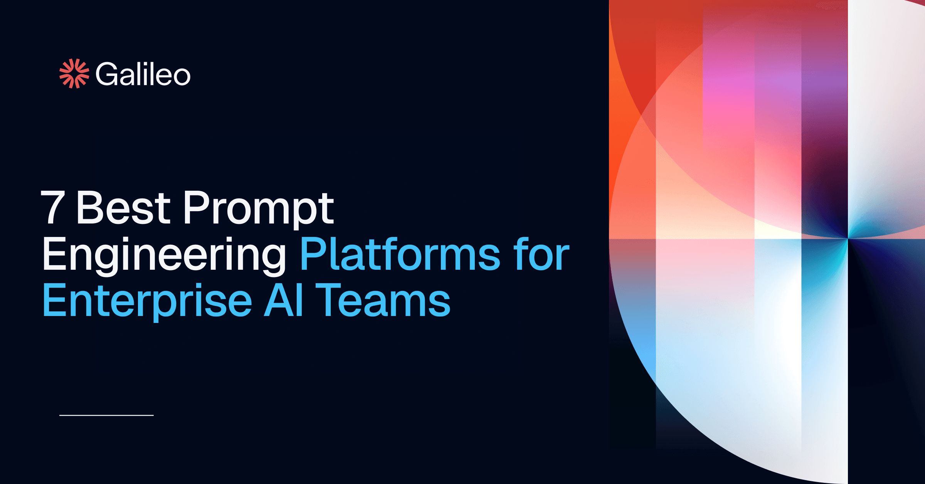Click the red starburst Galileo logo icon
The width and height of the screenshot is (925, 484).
pos(74,74)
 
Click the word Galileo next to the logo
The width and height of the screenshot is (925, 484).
pos(143,74)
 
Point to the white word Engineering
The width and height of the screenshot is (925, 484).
pos(164,255)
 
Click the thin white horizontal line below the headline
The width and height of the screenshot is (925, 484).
pos(106,415)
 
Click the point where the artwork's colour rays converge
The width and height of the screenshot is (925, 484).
pos(848,239)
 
